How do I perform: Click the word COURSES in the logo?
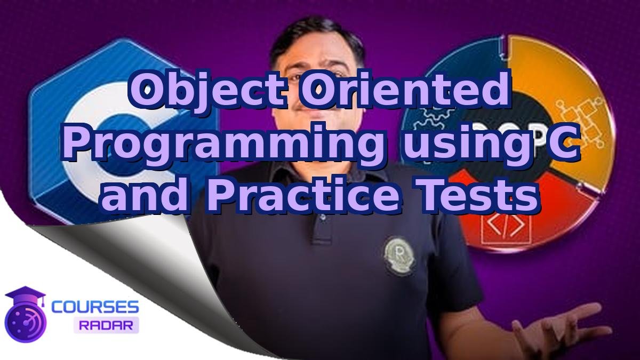[x=95, y=307]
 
